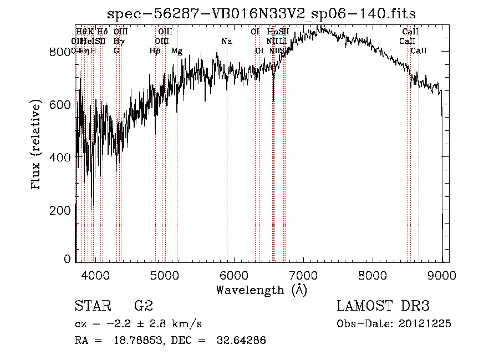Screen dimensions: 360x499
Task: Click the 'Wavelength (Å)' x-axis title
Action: click(x=261, y=290)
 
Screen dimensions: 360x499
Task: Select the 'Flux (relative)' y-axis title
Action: click(x=37, y=145)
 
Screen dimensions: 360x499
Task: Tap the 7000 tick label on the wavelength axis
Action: click(x=303, y=275)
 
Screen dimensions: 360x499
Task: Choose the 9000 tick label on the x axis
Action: click(x=442, y=275)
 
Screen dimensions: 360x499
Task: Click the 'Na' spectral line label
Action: click(x=226, y=42)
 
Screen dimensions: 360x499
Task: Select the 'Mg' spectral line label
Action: click(x=176, y=51)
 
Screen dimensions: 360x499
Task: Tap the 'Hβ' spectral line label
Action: click(x=155, y=51)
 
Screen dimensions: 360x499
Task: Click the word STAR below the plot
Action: click(x=93, y=306)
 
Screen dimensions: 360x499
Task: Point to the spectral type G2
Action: click(x=143, y=306)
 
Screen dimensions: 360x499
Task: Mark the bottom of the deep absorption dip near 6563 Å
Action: click(x=273, y=99)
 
